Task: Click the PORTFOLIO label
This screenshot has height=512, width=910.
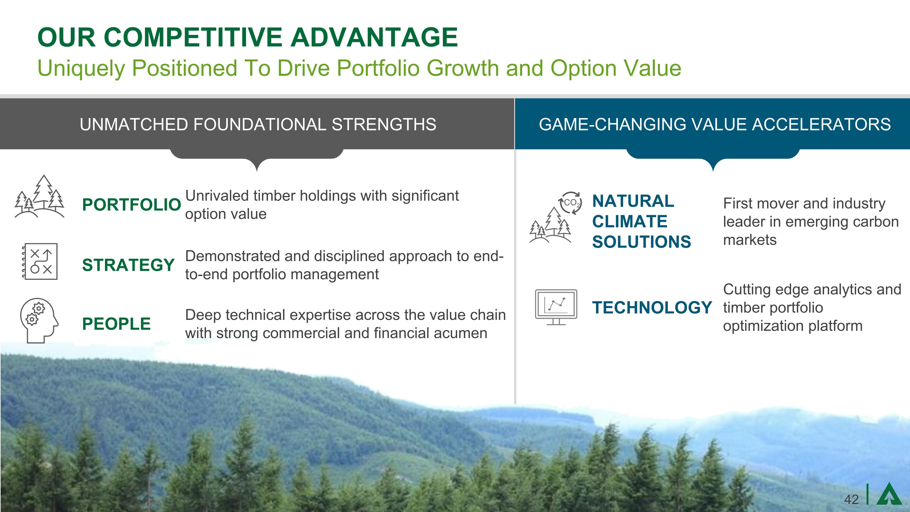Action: click(x=131, y=205)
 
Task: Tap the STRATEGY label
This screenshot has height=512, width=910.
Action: click(x=129, y=265)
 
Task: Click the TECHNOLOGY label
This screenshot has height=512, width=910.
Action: click(x=652, y=307)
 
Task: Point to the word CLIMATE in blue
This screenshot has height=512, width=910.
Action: click(x=630, y=222)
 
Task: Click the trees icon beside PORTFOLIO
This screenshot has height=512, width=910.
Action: click(x=39, y=196)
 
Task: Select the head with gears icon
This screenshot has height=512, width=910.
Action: click(x=39, y=320)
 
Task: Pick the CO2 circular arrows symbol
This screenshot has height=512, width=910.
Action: click(x=570, y=203)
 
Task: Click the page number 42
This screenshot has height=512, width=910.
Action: click(x=851, y=499)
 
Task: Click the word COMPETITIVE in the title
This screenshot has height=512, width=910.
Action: click(x=194, y=37)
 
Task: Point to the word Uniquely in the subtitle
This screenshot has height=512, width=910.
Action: click(x=81, y=68)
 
